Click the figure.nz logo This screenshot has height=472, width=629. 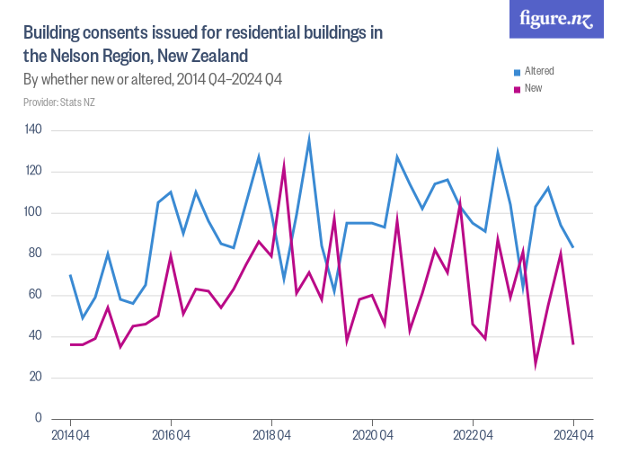pos(556,20)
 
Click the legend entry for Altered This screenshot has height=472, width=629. pos(538,71)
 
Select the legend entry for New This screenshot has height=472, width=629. pos(532,88)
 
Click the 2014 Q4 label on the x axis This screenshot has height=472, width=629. pos(70,435)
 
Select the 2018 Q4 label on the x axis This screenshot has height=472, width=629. pos(271,435)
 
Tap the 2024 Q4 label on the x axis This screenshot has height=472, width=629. pos(573,435)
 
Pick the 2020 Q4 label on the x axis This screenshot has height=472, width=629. pos(372,435)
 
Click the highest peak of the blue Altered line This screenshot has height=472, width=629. pos(309,140)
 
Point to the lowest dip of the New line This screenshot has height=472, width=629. pos(536,363)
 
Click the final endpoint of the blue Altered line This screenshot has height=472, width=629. pos(573,247)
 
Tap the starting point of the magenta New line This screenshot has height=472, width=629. pos(70,344)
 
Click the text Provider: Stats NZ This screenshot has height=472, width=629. pos(58,102)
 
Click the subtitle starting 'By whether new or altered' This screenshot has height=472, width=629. pos(153,79)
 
